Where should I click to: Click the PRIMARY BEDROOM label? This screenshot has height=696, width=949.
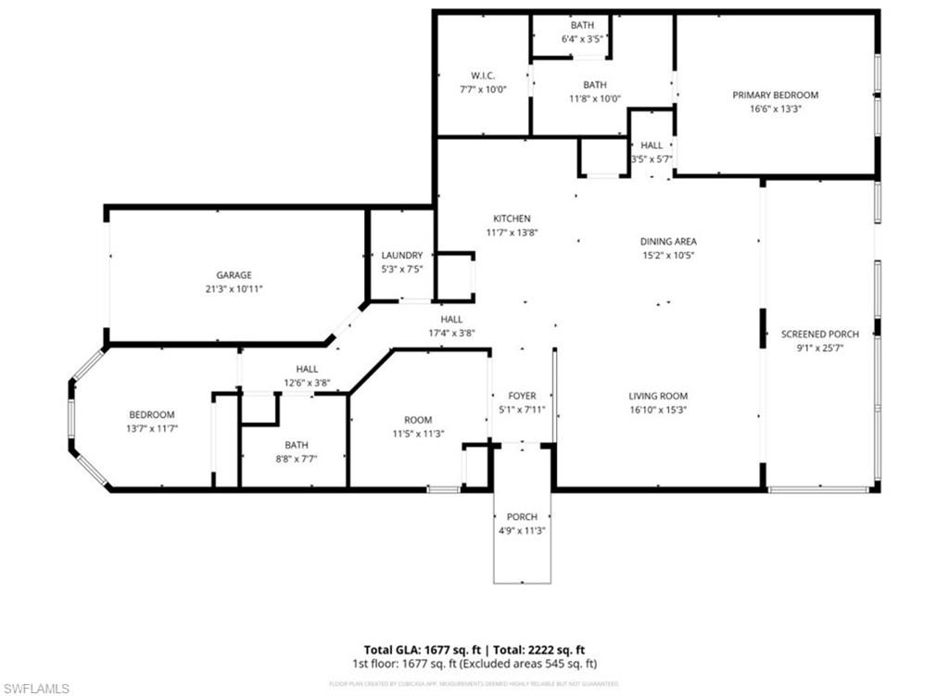click(775, 95)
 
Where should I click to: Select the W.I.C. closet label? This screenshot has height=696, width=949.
click(483, 75)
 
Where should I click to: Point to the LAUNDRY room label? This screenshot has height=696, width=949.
click(402, 255)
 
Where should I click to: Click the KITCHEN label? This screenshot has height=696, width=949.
click(512, 218)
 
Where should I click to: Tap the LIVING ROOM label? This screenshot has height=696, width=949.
click(657, 396)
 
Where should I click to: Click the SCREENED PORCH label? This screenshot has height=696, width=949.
click(819, 334)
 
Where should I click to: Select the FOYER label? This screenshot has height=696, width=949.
click(522, 396)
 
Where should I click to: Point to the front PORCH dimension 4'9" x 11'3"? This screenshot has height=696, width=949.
click(522, 530)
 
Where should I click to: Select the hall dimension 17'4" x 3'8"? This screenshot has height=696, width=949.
click(451, 333)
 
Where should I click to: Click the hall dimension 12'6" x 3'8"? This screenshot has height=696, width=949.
click(307, 382)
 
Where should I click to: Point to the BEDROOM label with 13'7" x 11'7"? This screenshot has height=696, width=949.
click(151, 414)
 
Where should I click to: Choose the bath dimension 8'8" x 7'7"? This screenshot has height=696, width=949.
click(297, 458)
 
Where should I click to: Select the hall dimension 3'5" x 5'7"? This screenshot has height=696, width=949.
click(652, 158)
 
